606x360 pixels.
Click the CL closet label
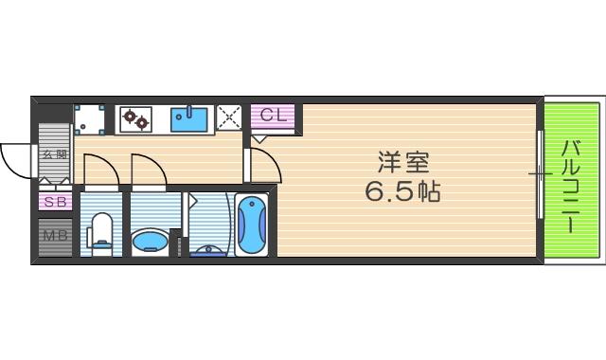coord(272,117)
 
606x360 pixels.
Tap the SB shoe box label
coord(54,202)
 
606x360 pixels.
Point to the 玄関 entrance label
coord(53,154)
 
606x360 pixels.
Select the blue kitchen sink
coord(189,118)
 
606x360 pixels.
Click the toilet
coord(100,231)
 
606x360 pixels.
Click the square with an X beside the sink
coord(229,117)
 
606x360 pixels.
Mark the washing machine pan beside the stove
coord(91,118)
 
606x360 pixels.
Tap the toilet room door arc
coord(100,169)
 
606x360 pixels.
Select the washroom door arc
coord(150,169)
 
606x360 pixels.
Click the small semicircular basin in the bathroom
coord(209,250)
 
